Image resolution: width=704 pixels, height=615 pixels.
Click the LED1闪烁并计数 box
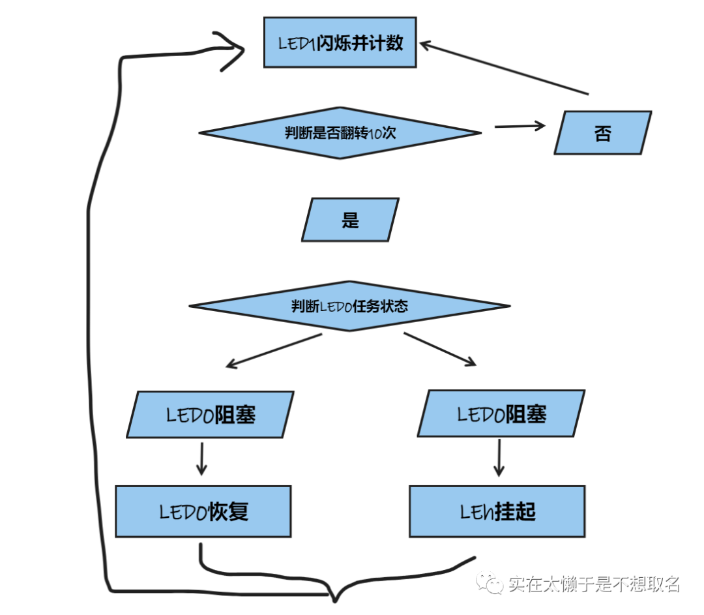coord(340,43)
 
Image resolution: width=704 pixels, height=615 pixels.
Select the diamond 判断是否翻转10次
coord(340,133)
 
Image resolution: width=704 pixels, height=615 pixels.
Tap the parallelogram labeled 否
coord(602,133)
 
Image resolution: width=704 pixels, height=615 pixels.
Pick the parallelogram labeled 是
coord(350,220)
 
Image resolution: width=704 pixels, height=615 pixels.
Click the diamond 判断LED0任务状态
coord(349,306)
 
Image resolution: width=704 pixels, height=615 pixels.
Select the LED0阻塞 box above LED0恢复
coord(210,414)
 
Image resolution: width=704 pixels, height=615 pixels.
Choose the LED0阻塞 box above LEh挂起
coord(501,414)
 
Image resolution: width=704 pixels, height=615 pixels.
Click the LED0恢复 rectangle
coord(203,511)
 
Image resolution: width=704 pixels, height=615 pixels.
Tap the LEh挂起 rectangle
coord(497,511)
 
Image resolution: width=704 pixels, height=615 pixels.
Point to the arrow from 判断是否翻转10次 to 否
coord(519,126)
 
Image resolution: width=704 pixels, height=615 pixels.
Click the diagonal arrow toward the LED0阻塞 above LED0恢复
coord(274,351)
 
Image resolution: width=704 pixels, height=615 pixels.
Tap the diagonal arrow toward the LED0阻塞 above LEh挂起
coord(440,349)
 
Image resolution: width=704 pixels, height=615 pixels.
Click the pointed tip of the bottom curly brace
coord(334,599)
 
